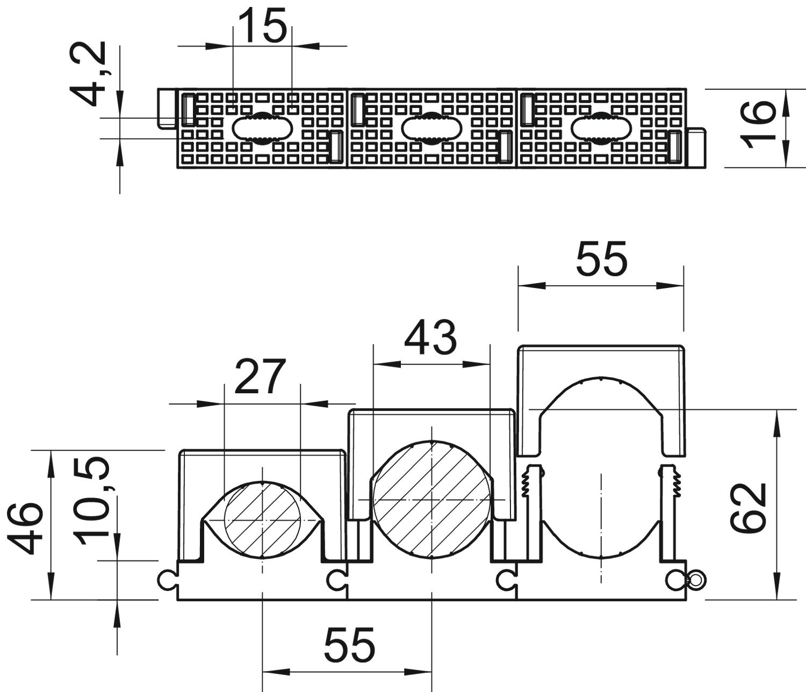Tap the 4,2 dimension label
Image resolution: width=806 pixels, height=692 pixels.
coord(88,73)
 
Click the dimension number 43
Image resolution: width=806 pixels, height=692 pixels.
coord(430,337)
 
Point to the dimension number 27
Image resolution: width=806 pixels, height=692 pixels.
coord(260,376)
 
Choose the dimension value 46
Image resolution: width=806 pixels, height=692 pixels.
coord(25,528)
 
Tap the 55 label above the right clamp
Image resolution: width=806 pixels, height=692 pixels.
coord(602,258)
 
